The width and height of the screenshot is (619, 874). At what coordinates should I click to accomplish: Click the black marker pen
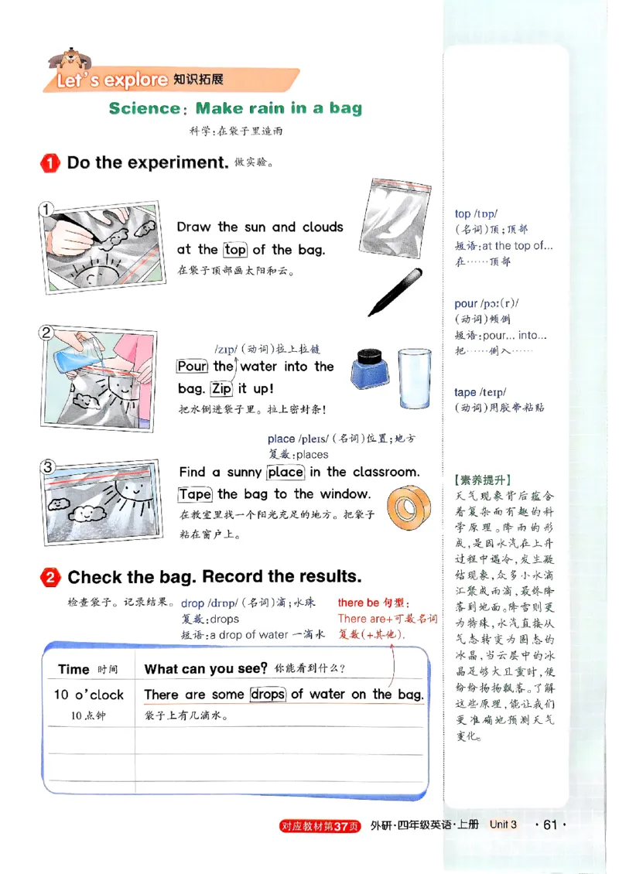coord(395,292)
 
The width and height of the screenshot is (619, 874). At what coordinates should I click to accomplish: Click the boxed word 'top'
coord(235,250)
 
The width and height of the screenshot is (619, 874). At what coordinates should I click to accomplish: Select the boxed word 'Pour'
coord(191,367)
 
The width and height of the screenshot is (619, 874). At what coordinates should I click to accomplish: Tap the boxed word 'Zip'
coord(221,388)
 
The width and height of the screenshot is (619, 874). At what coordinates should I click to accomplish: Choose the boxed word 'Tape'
coord(195,494)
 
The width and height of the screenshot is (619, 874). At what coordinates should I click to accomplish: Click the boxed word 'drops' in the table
coord(268,695)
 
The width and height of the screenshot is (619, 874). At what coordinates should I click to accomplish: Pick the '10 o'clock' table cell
coord(88,695)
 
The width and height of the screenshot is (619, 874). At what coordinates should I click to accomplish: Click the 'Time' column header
coord(74,670)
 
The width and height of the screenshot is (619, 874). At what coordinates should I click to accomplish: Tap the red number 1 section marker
coord(50,163)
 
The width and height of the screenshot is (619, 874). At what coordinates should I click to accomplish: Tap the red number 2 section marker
coord(50,578)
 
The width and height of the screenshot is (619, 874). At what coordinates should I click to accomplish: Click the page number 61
coord(550,824)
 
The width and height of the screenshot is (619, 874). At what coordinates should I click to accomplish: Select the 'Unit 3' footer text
coord(502,824)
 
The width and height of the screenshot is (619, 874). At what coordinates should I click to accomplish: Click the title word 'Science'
coord(145,108)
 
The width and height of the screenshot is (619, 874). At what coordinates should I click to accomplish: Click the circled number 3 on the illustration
coord(47,466)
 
